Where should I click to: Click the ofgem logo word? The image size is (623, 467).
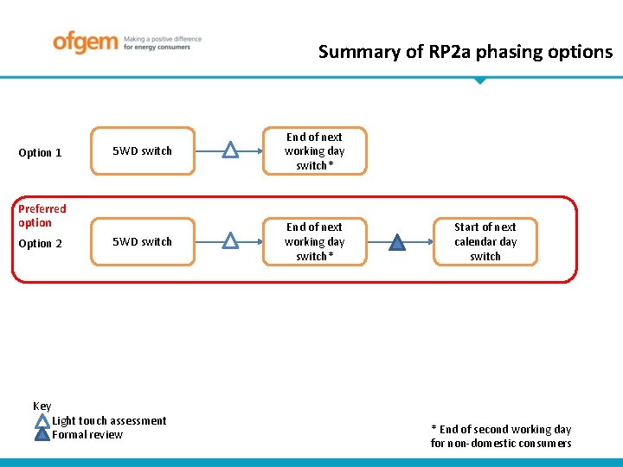coord(85,42)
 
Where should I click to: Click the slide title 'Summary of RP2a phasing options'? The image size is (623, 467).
coord(465,52)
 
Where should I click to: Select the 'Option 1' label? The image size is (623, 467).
coord(40,153)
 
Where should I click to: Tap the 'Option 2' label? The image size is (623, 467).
coord(40,244)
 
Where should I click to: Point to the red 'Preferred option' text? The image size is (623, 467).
coord(42,215)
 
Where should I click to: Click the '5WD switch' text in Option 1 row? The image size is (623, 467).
coord(143,151)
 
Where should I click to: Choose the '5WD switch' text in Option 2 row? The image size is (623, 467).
coord(143,242)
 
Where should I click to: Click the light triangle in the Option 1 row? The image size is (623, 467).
coord(230,151)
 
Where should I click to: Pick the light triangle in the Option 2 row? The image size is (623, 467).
coord(230,242)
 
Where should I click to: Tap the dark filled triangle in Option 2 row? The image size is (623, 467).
coord(396,242)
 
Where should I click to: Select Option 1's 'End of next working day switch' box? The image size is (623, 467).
coord(314,151)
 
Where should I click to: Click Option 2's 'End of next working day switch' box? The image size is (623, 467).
coord(314,242)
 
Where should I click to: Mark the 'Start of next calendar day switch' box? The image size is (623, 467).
coord(485,242)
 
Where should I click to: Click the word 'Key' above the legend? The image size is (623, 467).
coord(42,406)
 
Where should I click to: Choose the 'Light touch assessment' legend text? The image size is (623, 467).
coord(109,421)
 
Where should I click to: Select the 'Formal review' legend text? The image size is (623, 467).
coord(87,435)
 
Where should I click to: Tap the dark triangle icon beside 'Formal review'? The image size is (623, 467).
coord(42,435)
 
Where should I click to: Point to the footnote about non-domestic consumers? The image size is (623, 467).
coord(501,437)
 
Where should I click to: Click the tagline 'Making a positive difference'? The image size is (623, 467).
coord(163,39)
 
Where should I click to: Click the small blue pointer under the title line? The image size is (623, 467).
coord(479,80)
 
